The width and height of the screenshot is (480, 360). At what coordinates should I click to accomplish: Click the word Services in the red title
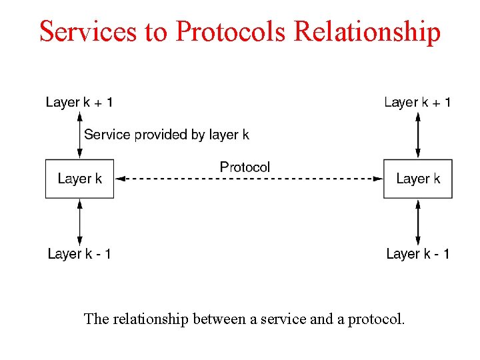tap(88, 31)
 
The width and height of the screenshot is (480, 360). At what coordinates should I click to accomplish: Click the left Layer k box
tap(79, 179)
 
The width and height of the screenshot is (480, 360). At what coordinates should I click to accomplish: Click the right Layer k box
tap(418, 179)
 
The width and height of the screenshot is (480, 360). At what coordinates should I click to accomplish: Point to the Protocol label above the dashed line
tap(245, 167)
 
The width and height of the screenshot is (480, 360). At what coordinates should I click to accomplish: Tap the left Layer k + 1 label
tap(79, 102)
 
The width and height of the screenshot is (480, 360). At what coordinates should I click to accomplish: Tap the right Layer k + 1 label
tap(417, 102)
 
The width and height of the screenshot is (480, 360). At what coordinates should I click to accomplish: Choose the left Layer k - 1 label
tap(79, 254)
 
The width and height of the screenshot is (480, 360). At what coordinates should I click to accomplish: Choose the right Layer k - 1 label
tap(417, 254)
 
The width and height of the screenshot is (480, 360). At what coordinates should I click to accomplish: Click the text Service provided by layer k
tap(167, 135)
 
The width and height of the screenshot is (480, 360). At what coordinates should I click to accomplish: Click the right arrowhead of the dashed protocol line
tap(378, 179)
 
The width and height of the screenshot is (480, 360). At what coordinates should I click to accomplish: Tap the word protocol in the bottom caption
tap(376, 319)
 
